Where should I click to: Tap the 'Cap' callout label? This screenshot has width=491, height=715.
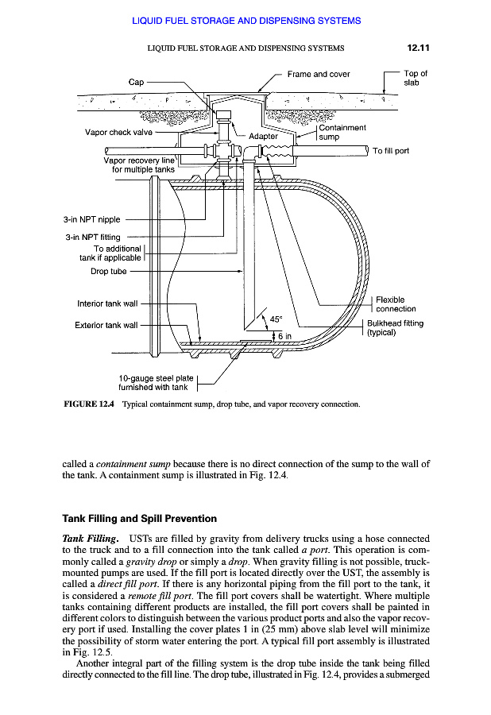pos(136,82)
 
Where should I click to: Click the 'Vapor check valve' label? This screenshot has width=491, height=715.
pos(118,133)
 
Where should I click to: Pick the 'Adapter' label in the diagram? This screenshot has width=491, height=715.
pos(264,136)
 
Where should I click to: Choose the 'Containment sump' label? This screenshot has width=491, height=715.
pos(342,132)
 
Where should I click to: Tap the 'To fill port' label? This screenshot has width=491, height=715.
pos(391,151)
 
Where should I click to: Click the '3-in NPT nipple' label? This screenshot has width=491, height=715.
pos(91,220)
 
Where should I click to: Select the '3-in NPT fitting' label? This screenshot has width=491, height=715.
pos(93,237)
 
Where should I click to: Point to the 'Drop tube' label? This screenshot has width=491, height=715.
pos(110,271)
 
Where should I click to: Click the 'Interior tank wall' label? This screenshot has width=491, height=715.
pos(107,303)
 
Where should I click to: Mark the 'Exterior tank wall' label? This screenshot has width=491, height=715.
pos(106,325)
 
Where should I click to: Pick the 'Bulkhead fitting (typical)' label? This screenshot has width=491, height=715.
pos(394,327)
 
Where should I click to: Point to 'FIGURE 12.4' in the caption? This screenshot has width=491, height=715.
pos(89,404)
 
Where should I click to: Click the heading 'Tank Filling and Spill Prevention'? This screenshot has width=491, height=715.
pos(139,519)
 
